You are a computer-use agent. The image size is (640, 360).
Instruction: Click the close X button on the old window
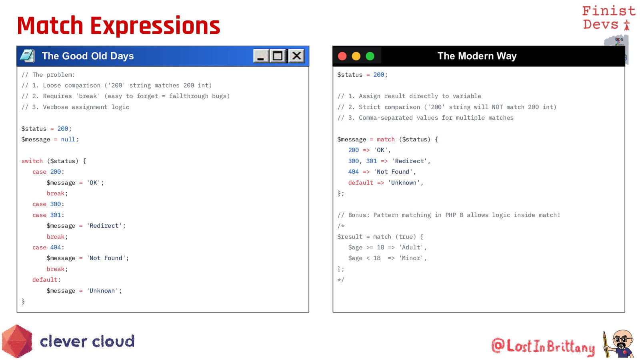pos(296,56)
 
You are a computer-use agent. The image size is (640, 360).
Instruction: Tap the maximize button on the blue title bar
pos(278,56)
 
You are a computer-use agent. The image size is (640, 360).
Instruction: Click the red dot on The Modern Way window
pos(342,56)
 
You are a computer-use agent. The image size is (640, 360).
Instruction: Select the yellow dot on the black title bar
pos(356,56)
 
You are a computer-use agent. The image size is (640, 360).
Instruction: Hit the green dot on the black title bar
pos(370,56)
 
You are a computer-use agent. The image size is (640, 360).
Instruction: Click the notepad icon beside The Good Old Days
pos(28,56)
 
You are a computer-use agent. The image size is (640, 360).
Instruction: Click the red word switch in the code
pos(32,161)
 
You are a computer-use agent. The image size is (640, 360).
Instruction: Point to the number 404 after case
pos(56,248)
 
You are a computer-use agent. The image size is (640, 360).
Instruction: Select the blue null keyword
pos(68,140)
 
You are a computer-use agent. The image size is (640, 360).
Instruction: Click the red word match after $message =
pos(386,140)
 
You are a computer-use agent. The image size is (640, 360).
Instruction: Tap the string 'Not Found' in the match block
pos(393,172)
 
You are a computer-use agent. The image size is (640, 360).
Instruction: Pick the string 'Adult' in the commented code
pos(411,248)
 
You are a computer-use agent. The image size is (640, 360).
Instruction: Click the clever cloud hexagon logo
pos(17,341)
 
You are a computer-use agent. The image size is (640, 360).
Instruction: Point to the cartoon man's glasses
pos(622,340)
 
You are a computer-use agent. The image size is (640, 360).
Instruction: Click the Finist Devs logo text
pos(608,18)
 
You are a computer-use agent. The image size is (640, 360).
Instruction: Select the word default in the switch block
pos(45,280)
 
